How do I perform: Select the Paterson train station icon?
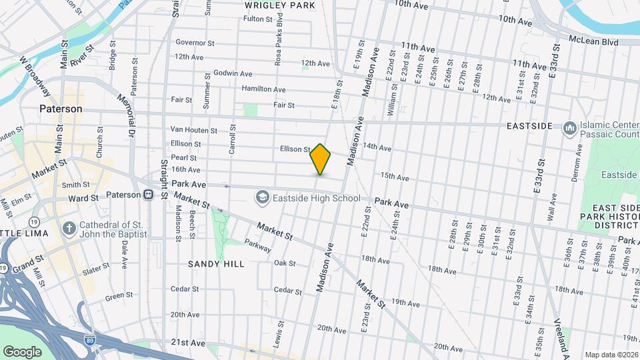[147, 195]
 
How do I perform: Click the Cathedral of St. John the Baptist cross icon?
[69, 229]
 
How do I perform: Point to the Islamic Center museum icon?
[569, 127]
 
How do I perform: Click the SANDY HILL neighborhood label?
[215, 264]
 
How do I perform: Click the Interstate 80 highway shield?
[91, 342]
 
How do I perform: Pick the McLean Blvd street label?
[593, 41]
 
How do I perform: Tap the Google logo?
[22, 351]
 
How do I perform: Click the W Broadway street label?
[35, 74]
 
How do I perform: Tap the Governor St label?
[195, 43]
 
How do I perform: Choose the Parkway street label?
[257, 245]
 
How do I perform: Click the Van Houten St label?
[194, 130]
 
